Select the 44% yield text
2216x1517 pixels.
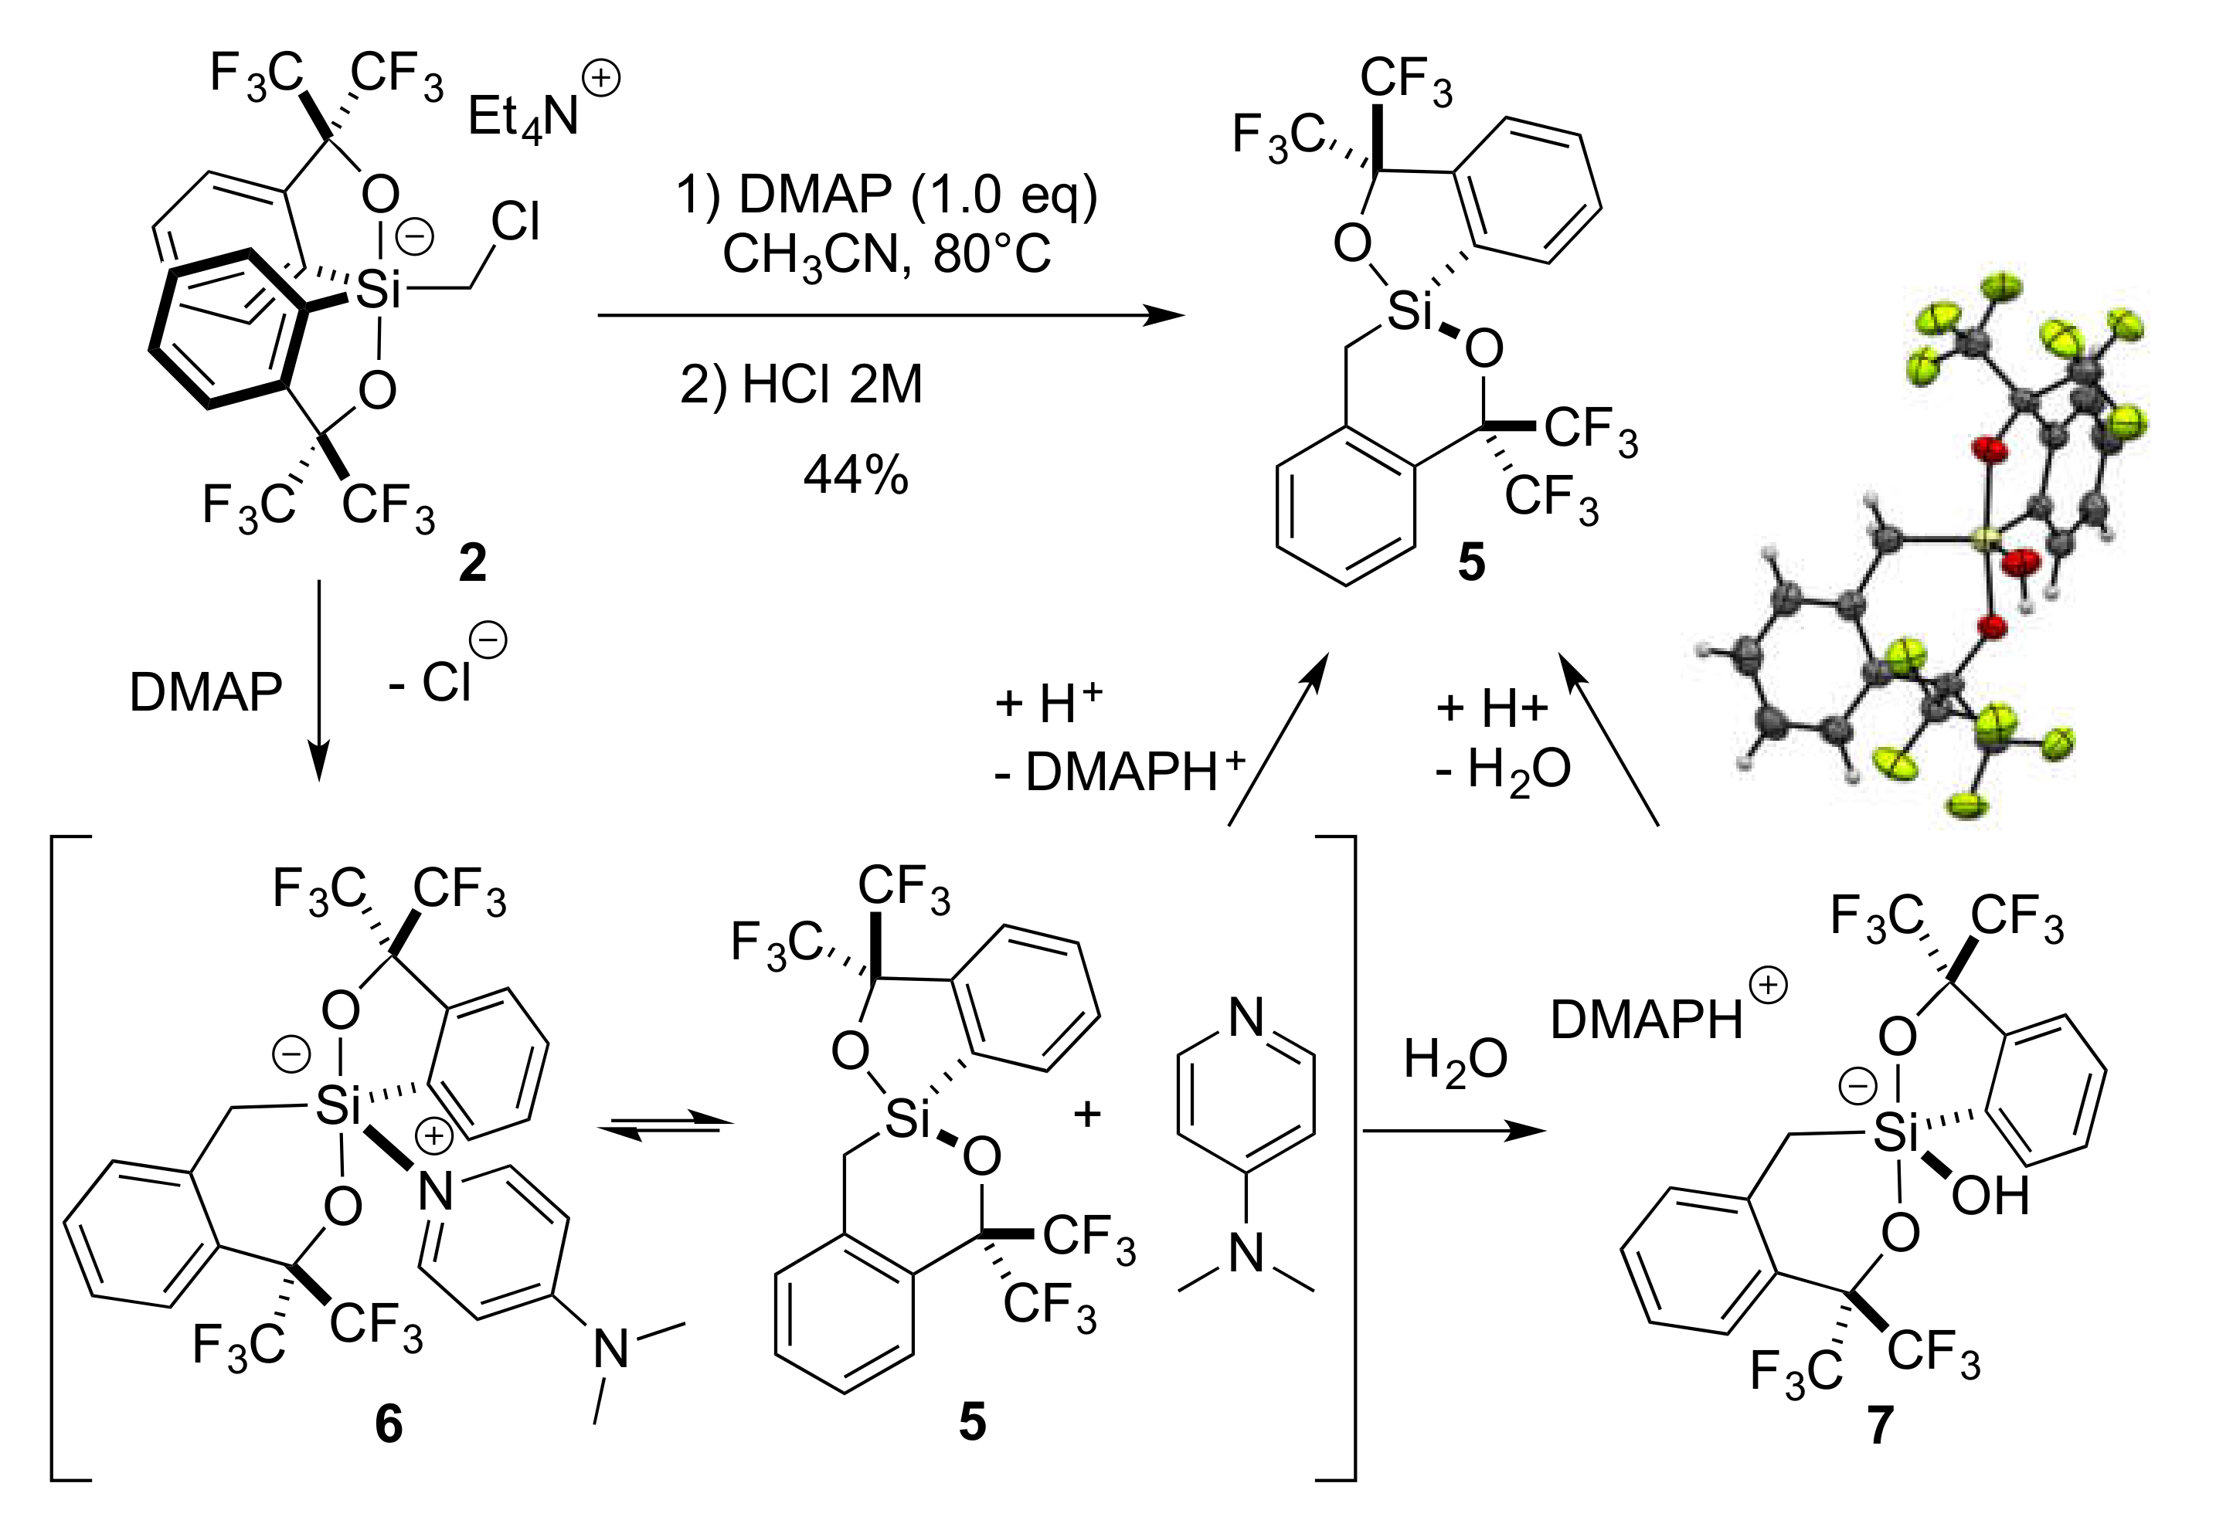coord(855,475)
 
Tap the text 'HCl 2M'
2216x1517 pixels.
coord(831,385)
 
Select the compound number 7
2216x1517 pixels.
coord(1879,1427)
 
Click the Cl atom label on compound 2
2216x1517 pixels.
coord(515,223)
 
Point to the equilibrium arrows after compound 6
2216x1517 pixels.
coord(665,1126)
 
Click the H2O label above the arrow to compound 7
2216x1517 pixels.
coord(1455,1061)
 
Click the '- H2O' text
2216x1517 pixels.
coord(1503,769)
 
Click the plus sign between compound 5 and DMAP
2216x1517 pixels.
coord(1088,1113)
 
